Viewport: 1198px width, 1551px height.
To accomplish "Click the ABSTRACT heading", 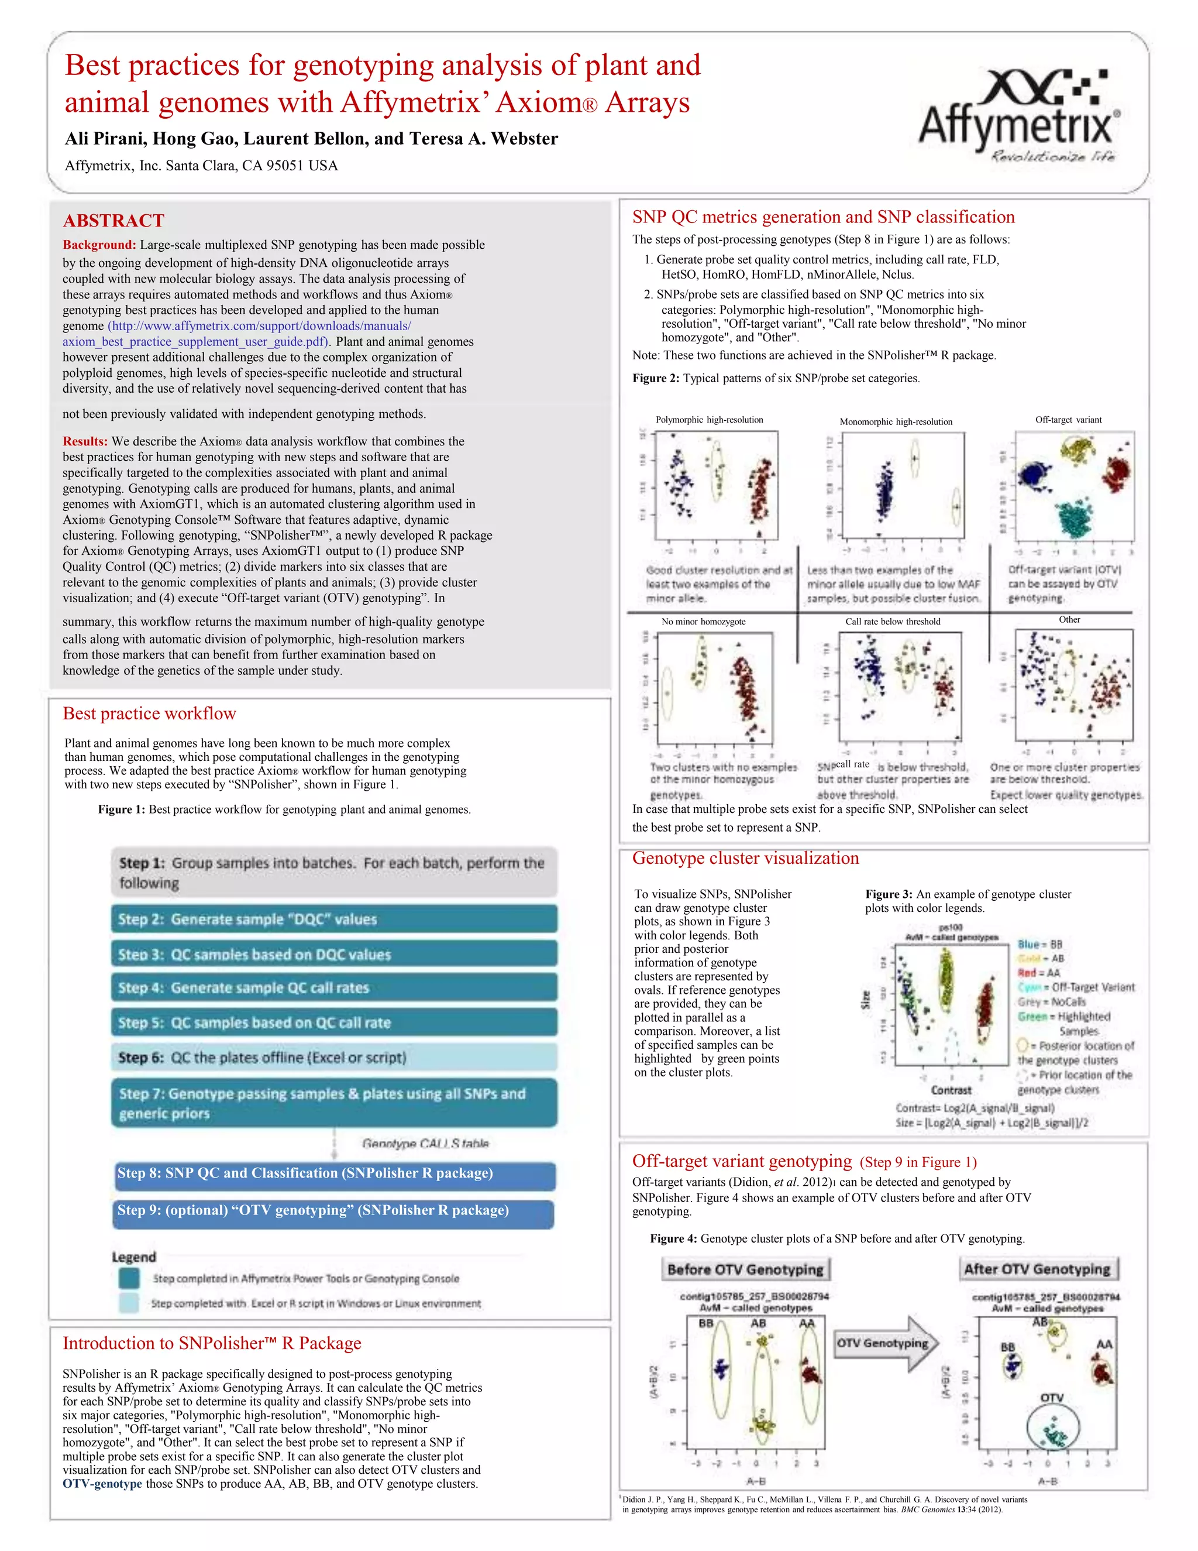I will click(113, 221).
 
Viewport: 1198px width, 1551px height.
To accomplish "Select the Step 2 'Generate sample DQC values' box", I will click(333, 919).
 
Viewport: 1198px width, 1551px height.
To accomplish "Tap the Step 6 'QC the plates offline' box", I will click(333, 1058).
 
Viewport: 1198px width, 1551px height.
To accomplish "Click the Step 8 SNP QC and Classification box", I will click(333, 1173).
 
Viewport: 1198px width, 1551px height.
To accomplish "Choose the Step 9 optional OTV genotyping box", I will click(333, 1211).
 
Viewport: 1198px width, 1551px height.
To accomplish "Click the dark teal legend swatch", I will click(129, 1278).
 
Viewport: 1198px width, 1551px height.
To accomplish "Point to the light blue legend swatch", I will click(129, 1303).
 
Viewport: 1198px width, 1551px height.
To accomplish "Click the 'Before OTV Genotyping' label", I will click(745, 1270).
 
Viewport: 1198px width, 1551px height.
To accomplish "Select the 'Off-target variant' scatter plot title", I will click(1068, 420).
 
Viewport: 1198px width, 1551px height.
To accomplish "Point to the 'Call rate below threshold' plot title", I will click(893, 622).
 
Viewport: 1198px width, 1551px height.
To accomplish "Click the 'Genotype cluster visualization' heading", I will click(745, 859).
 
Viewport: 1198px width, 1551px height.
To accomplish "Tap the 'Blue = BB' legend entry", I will click(1039, 945).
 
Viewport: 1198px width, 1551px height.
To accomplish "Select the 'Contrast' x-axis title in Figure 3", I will click(951, 1090).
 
